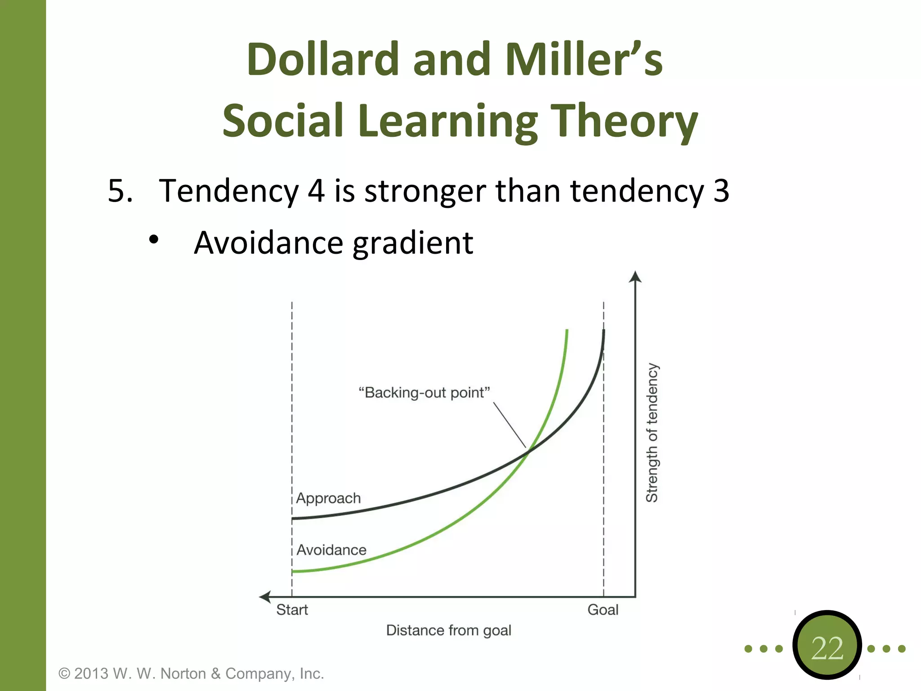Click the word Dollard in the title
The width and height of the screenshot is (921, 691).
322,59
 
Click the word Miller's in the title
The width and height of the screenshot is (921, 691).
583,59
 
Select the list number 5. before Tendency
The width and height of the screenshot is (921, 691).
120,191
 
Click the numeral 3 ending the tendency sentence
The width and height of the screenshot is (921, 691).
721,191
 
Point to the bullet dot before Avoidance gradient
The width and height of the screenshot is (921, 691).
154,240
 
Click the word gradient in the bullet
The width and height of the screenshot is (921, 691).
412,243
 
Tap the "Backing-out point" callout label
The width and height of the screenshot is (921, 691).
424,393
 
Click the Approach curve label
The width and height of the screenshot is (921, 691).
328,498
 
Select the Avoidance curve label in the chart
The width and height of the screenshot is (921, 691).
331,550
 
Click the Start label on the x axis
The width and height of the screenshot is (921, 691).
292,610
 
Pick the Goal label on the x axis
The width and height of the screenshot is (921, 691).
603,610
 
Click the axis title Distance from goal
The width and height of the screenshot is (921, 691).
448,631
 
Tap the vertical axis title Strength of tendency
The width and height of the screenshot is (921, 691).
652,432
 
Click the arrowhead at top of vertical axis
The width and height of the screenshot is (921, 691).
635,276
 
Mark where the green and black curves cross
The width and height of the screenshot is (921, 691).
529,451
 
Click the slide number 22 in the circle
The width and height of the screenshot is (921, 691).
827,648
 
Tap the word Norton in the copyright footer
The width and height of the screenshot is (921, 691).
183,673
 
